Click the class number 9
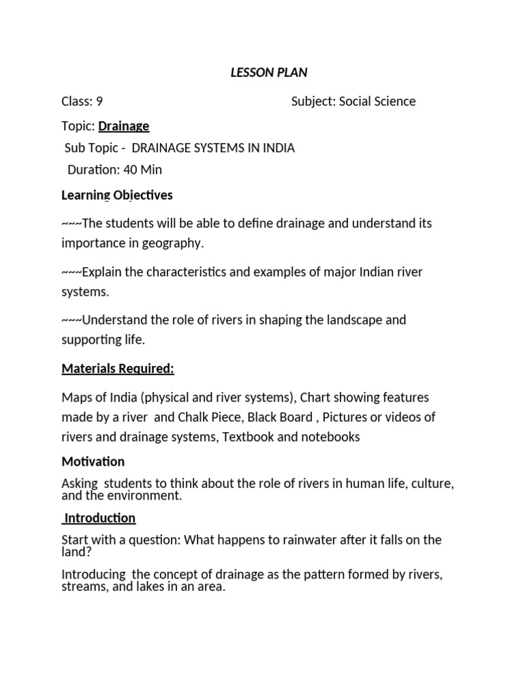99,102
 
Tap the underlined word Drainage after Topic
124,126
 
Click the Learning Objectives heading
117,196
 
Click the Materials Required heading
118,369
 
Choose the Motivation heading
93,461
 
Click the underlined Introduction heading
100,518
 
